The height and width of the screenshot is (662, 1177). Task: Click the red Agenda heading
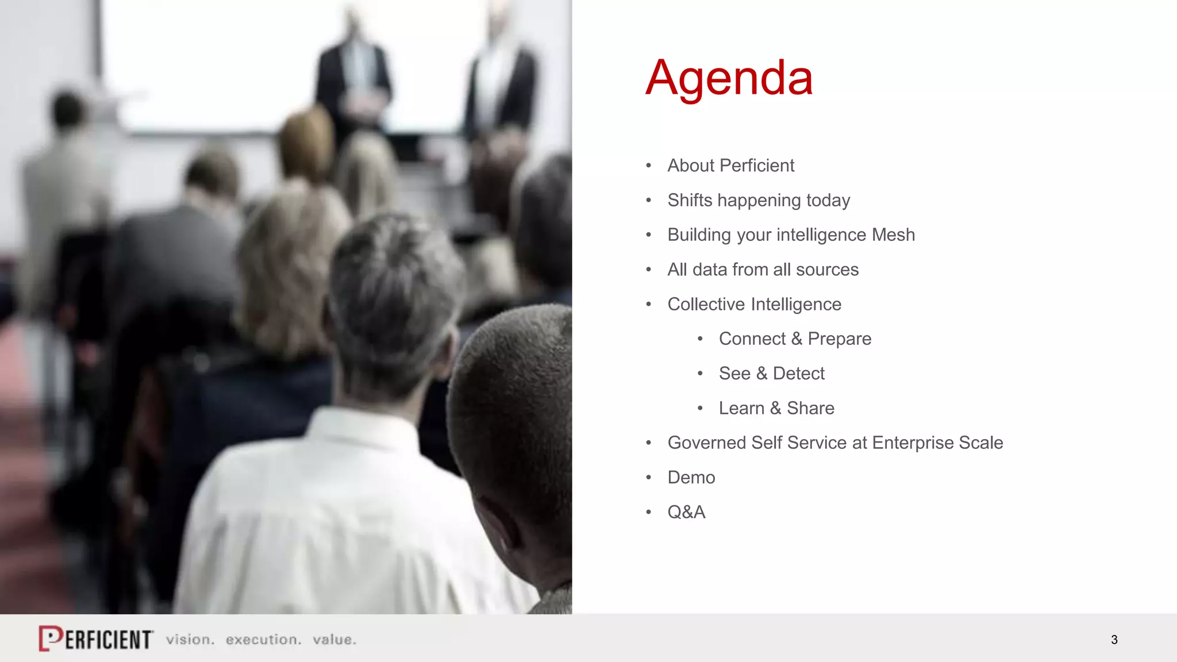729,78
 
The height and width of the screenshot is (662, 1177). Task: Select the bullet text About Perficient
730,165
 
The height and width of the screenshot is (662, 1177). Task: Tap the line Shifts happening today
758,200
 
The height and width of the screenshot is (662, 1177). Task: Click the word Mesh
893,234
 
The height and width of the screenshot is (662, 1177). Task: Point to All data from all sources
763,270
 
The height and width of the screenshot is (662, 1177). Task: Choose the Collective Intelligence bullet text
754,304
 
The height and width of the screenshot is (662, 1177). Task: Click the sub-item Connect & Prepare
795,338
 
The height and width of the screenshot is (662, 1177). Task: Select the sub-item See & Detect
771,374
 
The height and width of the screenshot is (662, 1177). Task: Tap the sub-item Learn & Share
776,408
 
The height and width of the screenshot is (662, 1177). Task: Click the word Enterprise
913,442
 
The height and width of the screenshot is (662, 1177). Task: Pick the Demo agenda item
691,478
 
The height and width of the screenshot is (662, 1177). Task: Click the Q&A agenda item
686,512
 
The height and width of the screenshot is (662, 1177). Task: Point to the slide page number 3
1114,640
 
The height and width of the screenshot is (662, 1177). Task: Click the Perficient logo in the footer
96,638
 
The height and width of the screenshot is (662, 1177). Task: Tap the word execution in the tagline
263,640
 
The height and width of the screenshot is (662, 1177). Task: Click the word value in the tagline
334,640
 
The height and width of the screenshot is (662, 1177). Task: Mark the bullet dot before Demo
649,478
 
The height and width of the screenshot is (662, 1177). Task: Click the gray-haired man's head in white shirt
391,299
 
